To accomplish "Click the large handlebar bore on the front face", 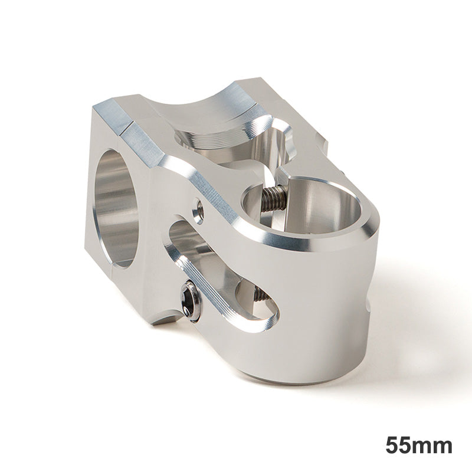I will pos(118,206).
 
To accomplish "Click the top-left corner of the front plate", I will pos(97,109).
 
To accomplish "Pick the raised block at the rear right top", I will pos(322,139).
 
